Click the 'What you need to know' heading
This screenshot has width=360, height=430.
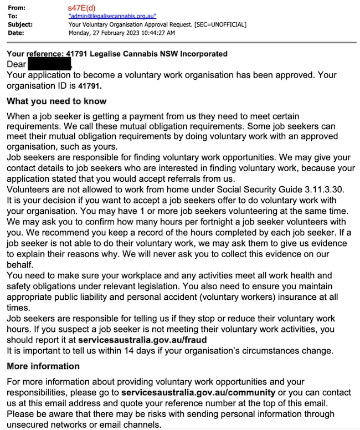pyautogui.click(x=56, y=101)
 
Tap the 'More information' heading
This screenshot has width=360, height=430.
pyautogui.click(x=43, y=366)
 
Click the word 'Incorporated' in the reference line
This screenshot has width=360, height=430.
pyautogui.click(x=199, y=54)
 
